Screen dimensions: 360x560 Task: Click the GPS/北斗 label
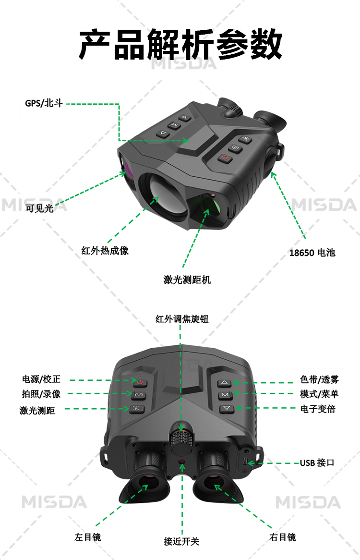tap(44, 103)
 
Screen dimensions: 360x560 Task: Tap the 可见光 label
tap(39, 208)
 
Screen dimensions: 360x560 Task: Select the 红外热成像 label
tap(105, 251)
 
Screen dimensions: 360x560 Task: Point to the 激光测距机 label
tap(187, 280)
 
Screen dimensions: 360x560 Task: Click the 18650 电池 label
tap(312, 253)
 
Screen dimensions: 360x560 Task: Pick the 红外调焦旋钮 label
tap(182, 319)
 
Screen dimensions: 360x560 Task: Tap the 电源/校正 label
tap(41, 379)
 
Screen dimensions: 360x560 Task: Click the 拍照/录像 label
tap(41, 394)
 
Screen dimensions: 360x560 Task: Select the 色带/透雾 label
tap(319, 379)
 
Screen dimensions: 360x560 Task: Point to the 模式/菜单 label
tap(319, 394)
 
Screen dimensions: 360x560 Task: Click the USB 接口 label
tap(317, 463)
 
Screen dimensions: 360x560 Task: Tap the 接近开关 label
tap(181, 541)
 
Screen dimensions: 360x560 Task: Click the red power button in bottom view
tap(140, 382)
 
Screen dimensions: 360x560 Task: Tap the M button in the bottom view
tap(225, 395)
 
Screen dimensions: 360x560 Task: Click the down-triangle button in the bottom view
tap(227, 408)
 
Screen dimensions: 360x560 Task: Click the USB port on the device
tap(246, 461)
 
